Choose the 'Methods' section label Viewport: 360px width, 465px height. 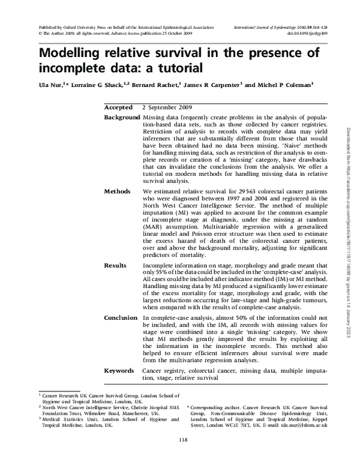(117, 191)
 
